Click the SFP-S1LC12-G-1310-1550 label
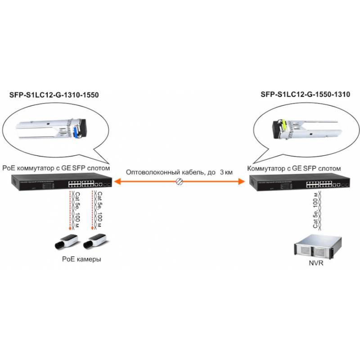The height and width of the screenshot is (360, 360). point(54,95)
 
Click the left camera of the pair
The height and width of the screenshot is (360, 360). point(66,242)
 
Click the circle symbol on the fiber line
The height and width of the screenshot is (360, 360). point(180,181)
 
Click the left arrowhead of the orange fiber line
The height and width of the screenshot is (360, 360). point(116,181)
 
